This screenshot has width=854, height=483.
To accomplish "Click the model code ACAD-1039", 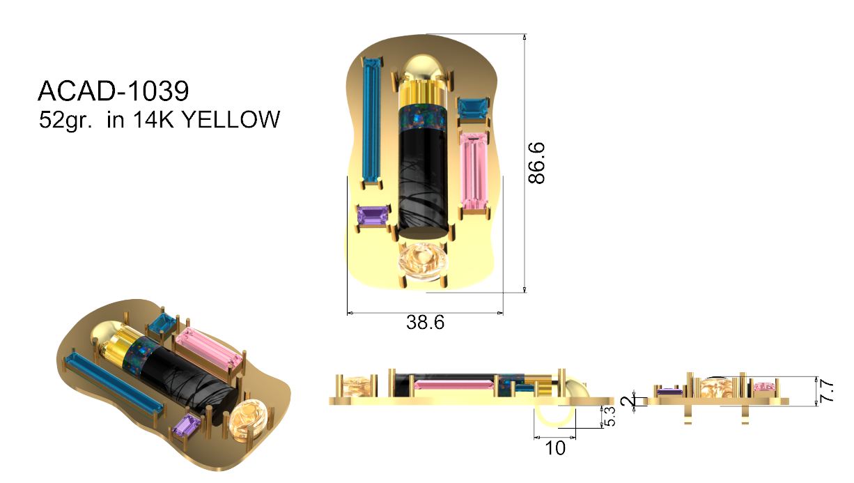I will pos(113,91).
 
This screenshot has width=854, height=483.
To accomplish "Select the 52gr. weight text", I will pos(65,120).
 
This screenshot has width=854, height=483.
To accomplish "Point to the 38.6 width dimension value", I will pos(425,323).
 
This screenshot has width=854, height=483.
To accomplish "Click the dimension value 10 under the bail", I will pos(555,448).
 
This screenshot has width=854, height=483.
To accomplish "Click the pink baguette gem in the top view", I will pos(475,171).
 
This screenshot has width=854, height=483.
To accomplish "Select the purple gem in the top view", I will pos(372,215).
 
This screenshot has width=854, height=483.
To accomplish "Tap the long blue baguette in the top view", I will pos(371,119).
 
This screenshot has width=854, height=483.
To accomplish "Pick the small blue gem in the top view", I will pos(472,108).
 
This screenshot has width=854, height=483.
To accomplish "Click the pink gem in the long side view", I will pos(453,384).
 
